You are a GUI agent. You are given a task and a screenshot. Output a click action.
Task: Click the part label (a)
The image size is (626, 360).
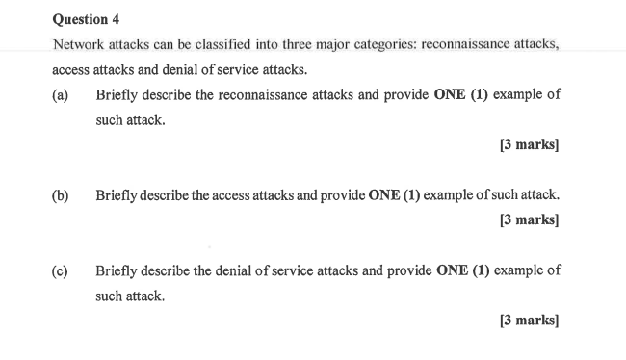tap(61, 96)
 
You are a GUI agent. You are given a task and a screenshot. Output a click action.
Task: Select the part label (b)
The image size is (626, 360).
tap(61, 195)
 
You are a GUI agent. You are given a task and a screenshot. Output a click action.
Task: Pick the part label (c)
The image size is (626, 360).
tap(61, 270)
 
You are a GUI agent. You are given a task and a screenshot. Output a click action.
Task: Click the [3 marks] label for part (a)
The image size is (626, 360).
tap(529, 145)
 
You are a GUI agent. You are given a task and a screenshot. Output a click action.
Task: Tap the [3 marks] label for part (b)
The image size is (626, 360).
tap(529, 219)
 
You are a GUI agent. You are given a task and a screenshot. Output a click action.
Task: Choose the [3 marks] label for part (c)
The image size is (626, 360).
tap(529, 321)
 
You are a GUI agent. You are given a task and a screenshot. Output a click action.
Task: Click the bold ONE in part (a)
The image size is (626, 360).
tap(451, 96)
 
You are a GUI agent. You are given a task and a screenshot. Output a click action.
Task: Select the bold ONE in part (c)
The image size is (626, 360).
tap(452, 270)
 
